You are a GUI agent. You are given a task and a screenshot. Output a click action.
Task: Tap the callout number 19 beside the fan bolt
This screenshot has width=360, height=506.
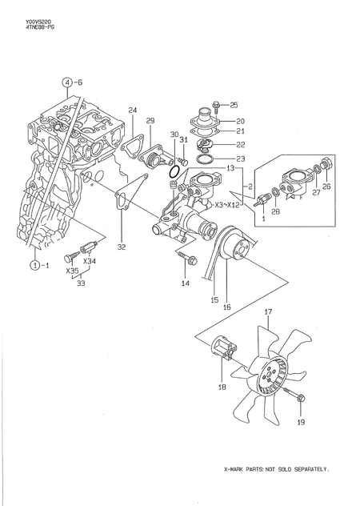301,420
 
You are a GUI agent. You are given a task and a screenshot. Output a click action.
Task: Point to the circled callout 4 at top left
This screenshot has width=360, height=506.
68,82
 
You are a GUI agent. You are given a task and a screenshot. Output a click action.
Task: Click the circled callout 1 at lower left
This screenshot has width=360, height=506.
35,264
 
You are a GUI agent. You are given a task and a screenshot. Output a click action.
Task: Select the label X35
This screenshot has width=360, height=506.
73,271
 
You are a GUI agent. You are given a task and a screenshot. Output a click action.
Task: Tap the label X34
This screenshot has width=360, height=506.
90,261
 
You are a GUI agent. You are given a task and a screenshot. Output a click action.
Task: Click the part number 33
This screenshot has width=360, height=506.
80,283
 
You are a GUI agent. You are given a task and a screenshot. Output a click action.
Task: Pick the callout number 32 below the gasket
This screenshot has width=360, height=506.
122,247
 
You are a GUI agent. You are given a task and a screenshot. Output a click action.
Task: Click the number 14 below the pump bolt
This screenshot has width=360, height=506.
185,283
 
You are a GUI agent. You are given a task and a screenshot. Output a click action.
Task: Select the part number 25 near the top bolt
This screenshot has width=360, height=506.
234,105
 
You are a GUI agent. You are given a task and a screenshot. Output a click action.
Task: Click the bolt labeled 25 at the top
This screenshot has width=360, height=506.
218,105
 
